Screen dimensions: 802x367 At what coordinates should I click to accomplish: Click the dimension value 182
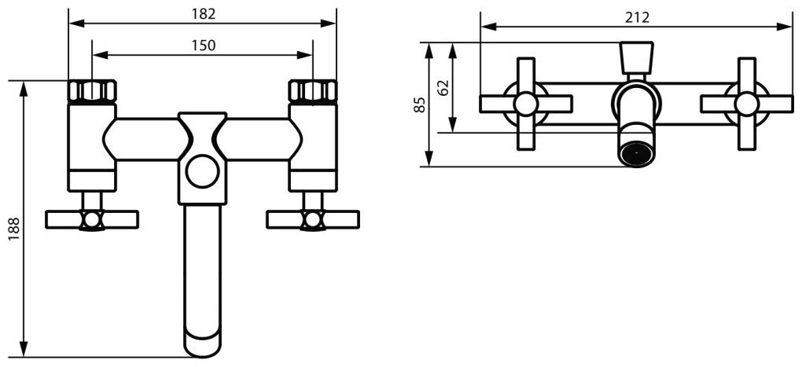coord(202,14)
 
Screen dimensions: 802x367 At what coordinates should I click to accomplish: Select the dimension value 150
coord(202,46)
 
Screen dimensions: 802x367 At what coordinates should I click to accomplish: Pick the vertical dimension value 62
coord(443,86)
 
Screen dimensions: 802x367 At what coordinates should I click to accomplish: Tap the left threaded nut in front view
coord(92,91)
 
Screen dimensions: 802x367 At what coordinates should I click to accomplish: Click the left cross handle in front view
coord(92,218)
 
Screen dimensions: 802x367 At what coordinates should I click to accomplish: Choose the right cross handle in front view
coord(313,218)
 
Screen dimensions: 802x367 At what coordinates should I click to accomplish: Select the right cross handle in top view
coord(745,104)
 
